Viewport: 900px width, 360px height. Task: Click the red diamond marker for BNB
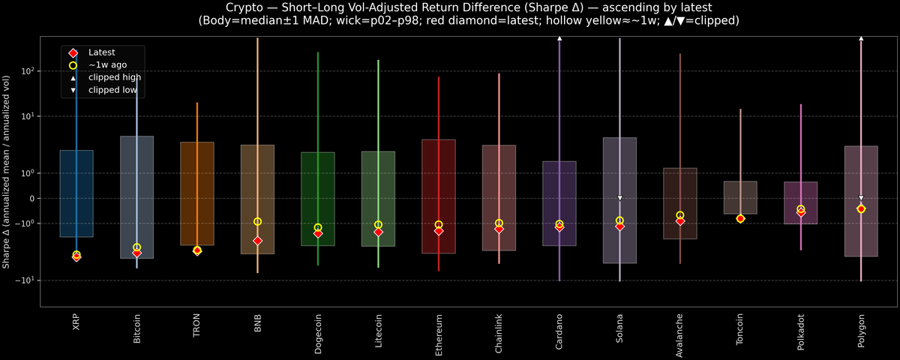(257, 241)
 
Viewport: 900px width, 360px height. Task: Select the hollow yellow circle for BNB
(257, 221)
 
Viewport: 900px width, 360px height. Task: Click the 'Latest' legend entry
(102, 52)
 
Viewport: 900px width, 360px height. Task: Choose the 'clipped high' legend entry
(114, 77)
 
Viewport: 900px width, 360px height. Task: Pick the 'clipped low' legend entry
(112, 90)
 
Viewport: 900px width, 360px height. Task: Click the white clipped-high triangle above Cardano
(559, 37)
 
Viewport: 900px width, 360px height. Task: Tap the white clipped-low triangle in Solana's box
(619, 198)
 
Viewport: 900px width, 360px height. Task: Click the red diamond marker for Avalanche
(680, 221)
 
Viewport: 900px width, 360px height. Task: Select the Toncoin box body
(740, 196)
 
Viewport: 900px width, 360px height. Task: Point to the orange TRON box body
(197, 193)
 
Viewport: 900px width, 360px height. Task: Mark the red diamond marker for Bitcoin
(136, 253)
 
